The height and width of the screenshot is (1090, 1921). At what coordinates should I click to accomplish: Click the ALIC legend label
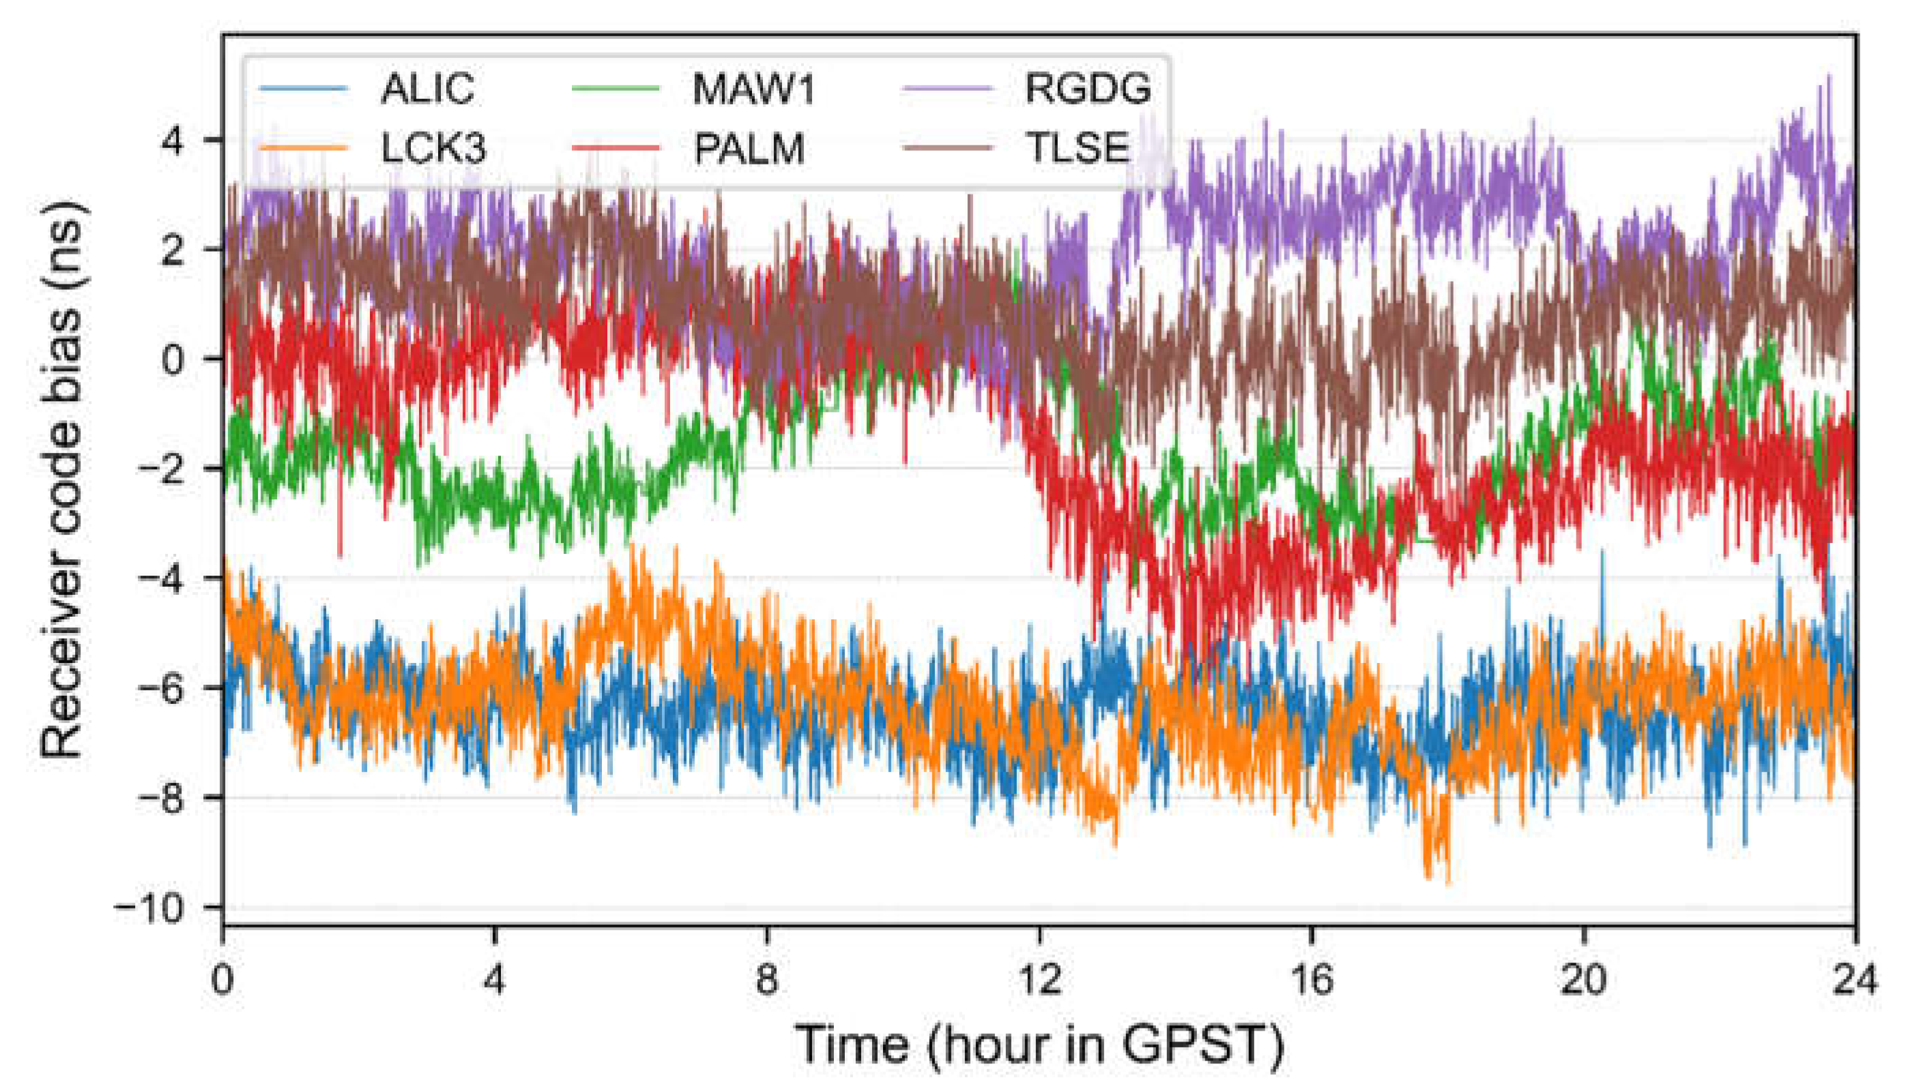coord(428,89)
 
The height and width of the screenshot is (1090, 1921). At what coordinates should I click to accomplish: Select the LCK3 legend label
coord(433,148)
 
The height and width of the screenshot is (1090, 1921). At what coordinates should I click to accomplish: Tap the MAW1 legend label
coord(753,89)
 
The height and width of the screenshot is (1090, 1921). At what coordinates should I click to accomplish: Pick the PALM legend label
coord(749,148)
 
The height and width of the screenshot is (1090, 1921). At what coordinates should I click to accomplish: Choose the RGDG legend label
coord(1088,89)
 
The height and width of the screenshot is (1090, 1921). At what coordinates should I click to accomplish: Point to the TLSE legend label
coord(1077,148)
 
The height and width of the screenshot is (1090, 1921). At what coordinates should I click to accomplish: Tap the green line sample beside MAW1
coord(616,89)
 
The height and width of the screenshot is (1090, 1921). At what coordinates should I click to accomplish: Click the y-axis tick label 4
coord(173,140)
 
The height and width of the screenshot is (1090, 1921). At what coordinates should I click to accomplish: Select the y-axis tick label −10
coord(149,908)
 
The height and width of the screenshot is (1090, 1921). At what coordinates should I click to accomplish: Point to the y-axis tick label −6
coord(161,689)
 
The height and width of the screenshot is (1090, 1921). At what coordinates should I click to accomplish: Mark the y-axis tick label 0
coord(173,359)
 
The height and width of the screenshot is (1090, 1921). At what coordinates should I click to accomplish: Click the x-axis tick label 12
coord(1039,978)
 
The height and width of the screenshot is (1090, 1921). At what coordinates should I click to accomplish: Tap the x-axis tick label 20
coord(1583,978)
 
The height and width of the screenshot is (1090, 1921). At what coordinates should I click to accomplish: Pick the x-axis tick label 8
coord(767,978)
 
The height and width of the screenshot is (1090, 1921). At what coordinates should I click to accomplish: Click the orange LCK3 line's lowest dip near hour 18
coord(1447,883)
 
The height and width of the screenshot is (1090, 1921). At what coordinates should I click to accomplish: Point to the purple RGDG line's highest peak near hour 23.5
coord(1829,76)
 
